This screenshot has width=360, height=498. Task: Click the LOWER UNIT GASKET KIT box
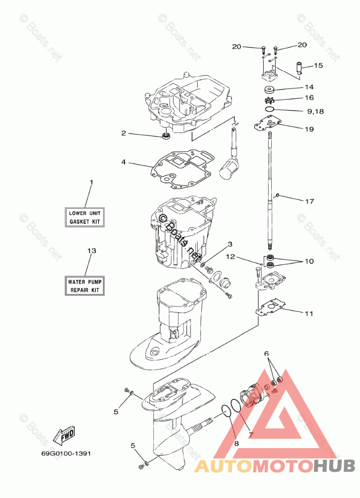click(85, 217)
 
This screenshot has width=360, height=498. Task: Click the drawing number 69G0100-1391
click(66, 453)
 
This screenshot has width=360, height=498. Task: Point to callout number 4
click(123, 162)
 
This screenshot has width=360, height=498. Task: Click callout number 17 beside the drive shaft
click(310, 201)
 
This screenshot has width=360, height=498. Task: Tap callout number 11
click(309, 313)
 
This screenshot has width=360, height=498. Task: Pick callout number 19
click(309, 129)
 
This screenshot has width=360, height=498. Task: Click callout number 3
click(229, 244)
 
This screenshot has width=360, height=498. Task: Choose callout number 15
click(318, 65)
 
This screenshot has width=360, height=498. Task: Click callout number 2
click(123, 133)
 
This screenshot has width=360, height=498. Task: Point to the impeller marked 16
click(269, 100)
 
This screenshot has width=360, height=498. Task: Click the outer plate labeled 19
click(266, 125)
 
